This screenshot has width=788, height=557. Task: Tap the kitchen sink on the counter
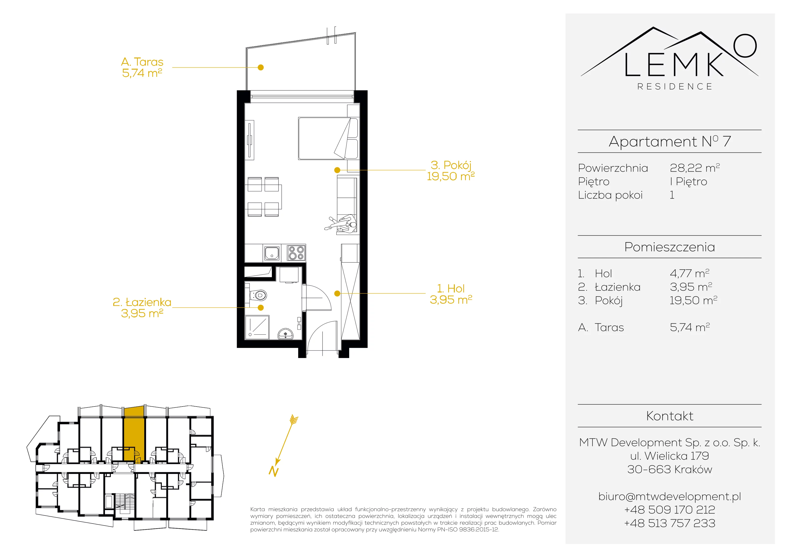(x=272, y=253)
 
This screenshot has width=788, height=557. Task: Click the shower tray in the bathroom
(x=257, y=327)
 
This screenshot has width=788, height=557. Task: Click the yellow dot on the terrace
(x=261, y=68)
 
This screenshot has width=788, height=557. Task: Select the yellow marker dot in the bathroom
(x=261, y=308)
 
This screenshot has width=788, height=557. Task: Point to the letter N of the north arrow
(x=274, y=471)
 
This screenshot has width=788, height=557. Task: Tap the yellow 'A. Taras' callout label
(x=142, y=62)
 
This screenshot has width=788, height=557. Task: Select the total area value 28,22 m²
(x=695, y=168)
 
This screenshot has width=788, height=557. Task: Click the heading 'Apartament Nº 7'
(x=670, y=141)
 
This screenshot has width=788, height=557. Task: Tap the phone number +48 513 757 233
(x=670, y=523)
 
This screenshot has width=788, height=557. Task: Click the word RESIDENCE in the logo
(x=675, y=86)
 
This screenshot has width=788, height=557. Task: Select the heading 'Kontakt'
(x=670, y=416)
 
